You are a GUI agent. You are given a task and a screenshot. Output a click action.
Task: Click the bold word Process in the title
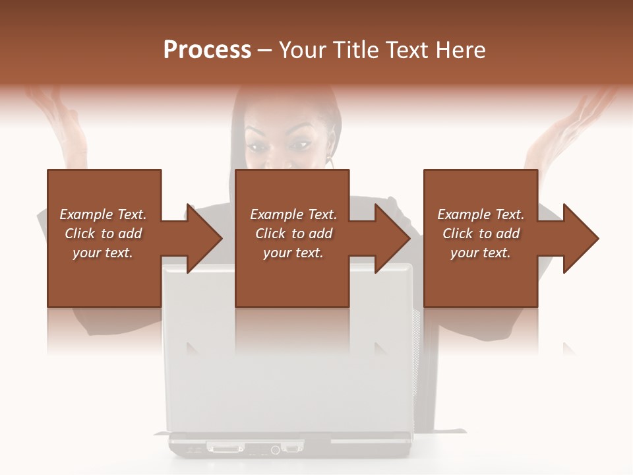[207, 50]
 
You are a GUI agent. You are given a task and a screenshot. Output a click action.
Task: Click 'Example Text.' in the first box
[103, 214]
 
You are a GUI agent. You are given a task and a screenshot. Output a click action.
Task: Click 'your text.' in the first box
[103, 253]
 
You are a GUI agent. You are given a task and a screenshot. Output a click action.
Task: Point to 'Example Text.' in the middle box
[293, 214]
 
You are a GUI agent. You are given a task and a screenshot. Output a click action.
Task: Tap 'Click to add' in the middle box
[293, 234]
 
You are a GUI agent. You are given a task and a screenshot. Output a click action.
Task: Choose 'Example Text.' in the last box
[481, 214]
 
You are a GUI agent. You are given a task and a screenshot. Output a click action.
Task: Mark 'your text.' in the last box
[481, 253]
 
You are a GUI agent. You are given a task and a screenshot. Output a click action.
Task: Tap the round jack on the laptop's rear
[274, 450]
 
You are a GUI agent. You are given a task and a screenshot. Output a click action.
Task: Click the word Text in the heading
[407, 50]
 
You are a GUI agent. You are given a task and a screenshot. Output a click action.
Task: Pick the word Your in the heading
[303, 50]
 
